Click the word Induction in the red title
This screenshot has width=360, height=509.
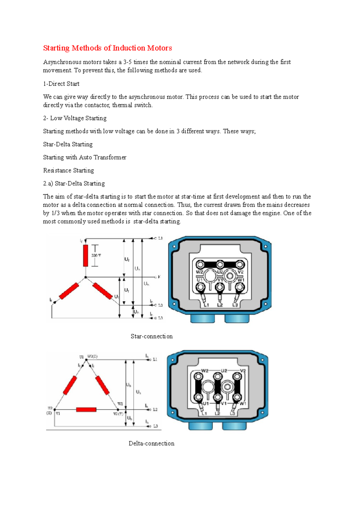129,48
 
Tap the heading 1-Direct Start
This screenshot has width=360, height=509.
61,84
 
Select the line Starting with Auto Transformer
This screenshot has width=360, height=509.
85,157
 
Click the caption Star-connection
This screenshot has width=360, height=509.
151,336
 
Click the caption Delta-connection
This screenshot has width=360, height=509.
151,443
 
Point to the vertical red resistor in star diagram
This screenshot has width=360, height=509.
85,255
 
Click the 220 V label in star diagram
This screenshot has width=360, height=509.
96,255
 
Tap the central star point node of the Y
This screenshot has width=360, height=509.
85,277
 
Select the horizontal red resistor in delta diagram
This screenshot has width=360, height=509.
86,409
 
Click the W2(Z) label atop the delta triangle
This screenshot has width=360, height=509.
92,357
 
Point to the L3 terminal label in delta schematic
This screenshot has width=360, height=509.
155,426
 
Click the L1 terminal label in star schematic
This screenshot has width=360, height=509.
160,238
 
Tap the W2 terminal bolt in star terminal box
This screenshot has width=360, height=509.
200,265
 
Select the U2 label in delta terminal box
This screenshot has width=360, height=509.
224,371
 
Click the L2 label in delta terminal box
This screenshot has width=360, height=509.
217,414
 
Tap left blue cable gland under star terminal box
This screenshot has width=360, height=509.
202,318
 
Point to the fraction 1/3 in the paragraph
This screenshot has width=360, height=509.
55,213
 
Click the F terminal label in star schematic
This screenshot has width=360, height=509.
159,277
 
